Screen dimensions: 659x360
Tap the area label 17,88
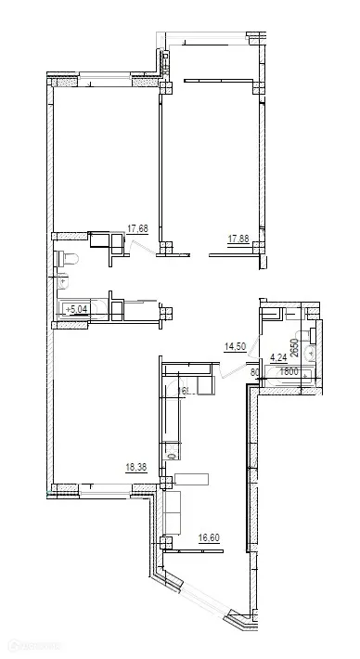coord(238,239)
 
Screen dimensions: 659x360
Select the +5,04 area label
coord(74,310)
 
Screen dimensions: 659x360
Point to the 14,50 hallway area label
coord(236,347)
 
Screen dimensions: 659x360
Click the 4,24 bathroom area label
coord(277,355)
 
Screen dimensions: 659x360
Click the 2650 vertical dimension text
coord(294,349)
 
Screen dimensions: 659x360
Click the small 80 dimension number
coord(255,373)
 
